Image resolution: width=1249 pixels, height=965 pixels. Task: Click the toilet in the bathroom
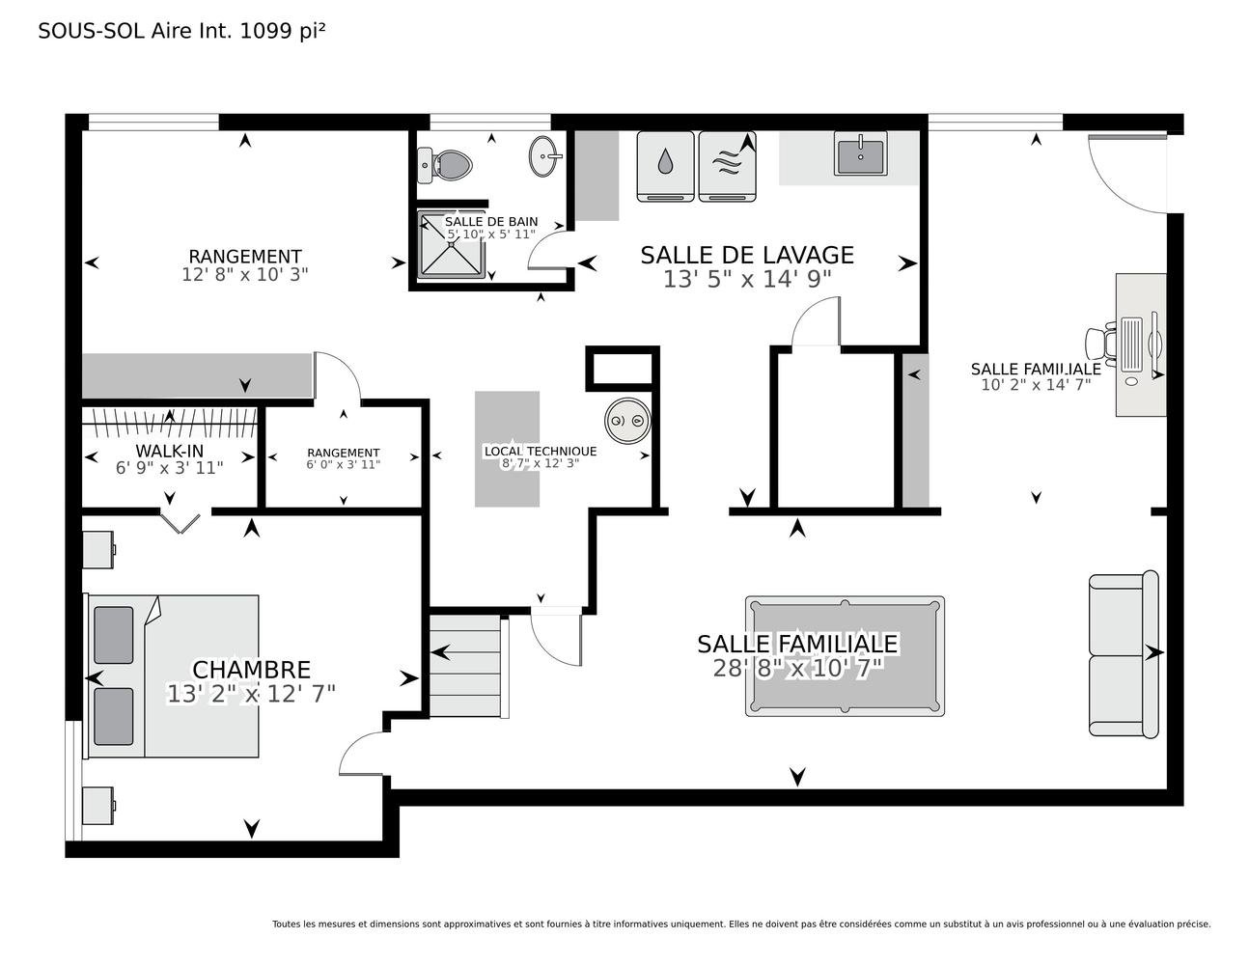pos(444,165)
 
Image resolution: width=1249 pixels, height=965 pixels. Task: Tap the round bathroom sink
pos(543,155)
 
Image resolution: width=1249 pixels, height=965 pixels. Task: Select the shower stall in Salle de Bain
pos(451,244)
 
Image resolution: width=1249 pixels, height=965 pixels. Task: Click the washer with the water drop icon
pos(665,166)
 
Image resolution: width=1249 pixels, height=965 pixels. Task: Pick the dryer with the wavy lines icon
pos(727,166)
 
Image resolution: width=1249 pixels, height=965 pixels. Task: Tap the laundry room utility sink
pos(860,153)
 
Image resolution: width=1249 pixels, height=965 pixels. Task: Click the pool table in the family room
pos(845,656)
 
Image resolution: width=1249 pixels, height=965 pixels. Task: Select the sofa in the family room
pos(1124,654)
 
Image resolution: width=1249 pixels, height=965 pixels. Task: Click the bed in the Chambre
pos(173,676)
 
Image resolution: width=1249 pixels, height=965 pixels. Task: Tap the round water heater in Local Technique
pos(627,421)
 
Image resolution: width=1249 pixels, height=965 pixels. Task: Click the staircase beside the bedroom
pos(468,666)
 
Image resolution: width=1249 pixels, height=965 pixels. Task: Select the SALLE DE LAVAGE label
pos(747,255)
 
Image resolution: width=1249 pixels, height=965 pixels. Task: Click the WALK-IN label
pos(170,451)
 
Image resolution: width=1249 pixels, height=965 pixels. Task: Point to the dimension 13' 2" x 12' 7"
pos(251,694)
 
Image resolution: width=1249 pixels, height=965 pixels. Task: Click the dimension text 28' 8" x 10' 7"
pos(798,668)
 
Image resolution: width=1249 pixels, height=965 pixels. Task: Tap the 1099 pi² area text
pos(282,31)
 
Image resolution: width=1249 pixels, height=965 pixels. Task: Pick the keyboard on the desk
pos(1131,344)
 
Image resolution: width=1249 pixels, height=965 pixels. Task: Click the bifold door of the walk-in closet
pos(180,521)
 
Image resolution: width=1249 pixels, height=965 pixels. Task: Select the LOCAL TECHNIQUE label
pos(541,452)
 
